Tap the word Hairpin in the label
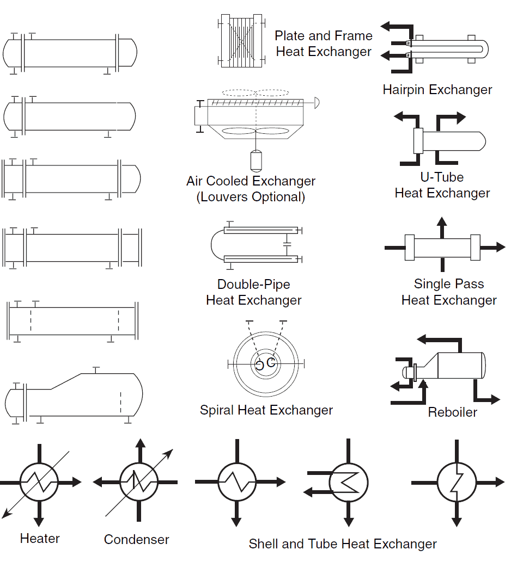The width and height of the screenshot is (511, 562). click(x=403, y=90)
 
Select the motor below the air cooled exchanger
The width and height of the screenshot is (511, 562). click(x=255, y=159)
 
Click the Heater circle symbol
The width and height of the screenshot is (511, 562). click(x=39, y=482)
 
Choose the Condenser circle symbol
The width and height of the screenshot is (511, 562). click(x=139, y=482)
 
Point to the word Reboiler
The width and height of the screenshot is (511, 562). click(x=452, y=412)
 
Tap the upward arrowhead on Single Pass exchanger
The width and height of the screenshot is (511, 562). click(x=442, y=221)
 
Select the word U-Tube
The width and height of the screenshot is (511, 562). click(x=442, y=177)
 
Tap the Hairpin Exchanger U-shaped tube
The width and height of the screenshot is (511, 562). click(x=482, y=50)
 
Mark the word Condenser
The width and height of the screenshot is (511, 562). click(x=137, y=540)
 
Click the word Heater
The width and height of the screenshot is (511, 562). click(x=40, y=539)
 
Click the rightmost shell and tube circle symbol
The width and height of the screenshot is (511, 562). click(x=457, y=482)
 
